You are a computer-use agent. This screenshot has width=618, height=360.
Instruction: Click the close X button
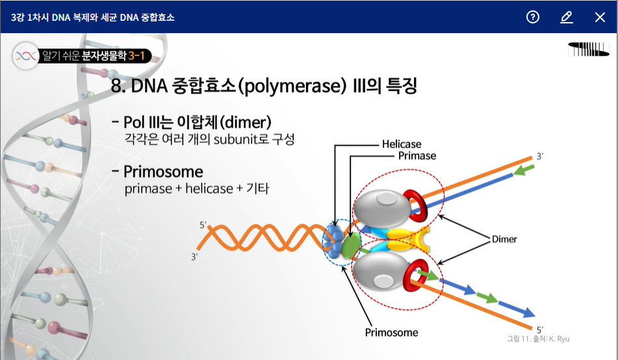pyautogui.click(x=600, y=17)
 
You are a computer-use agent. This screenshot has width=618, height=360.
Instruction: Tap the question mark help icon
pyautogui.click(x=533, y=17)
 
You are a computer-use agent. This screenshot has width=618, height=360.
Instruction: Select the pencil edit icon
pyautogui.click(x=567, y=17)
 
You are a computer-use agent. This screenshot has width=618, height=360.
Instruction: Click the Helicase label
pyautogui.click(x=402, y=144)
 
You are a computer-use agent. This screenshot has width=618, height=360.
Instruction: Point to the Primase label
pyautogui.click(x=417, y=156)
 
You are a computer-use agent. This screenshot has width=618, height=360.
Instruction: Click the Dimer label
pyautogui.click(x=504, y=239)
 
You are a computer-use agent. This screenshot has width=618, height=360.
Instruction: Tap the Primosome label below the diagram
pyautogui.click(x=391, y=333)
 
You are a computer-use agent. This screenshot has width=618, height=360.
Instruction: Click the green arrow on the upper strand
pyautogui.click(x=524, y=171)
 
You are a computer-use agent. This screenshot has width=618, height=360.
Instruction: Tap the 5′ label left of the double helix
pyautogui.click(x=203, y=225)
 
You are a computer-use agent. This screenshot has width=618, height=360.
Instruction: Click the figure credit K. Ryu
pyautogui.click(x=559, y=339)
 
